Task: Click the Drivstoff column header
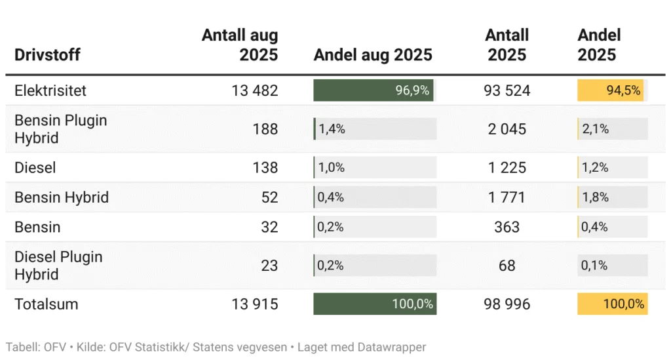coord(47,54)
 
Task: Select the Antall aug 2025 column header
coord(240,45)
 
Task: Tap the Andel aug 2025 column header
coord(373,54)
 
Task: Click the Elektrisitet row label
coord(50,90)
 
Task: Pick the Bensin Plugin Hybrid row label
coord(60,129)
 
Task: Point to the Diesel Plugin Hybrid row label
coord(58,266)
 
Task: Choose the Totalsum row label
coord(46,304)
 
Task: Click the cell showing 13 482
coord(255,90)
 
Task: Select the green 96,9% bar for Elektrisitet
coord(374,90)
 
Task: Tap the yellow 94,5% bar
coord(611,90)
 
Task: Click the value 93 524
coord(507,90)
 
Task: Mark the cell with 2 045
coord(507,129)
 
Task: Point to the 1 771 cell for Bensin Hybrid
coord(507,197)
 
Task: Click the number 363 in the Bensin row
coord(507,227)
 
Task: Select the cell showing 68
coord(507,266)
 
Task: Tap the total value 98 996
coord(507,304)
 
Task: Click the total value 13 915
coord(255,304)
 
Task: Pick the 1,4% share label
coord(332,129)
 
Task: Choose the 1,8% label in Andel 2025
coord(596,197)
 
